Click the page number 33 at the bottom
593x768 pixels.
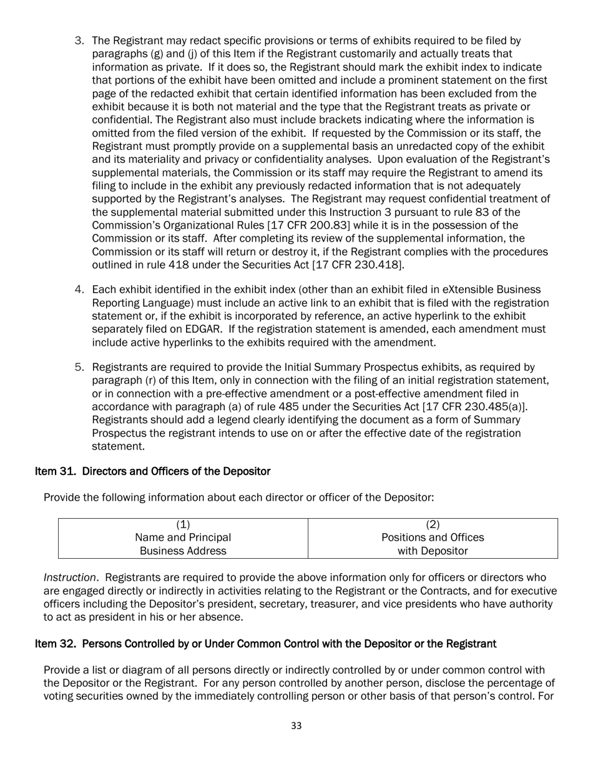pos(296,726)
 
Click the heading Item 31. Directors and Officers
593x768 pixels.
pos(152,471)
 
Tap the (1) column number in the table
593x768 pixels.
pos(183,524)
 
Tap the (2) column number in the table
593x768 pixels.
pos(433,524)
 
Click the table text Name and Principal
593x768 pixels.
pos(183,538)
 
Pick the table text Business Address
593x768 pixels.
pos(183,551)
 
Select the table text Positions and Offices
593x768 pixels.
pos(433,538)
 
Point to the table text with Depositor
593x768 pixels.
pos(433,551)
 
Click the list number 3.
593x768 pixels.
pos(79,41)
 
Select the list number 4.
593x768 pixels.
pos(79,290)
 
